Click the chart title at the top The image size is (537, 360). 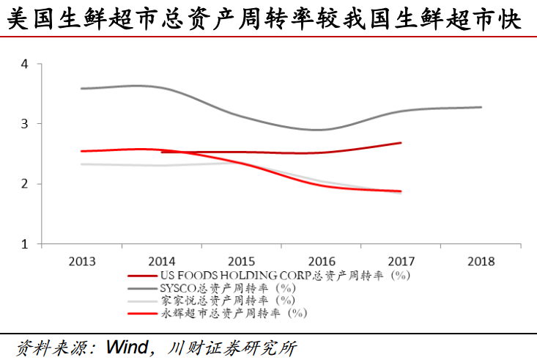(x=268, y=18)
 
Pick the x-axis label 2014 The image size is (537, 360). (x=162, y=260)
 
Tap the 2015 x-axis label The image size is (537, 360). (x=242, y=260)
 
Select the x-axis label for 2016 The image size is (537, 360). (x=322, y=260)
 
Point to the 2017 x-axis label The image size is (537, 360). (x=401, y=260)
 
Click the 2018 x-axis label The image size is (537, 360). (x=481, y=260)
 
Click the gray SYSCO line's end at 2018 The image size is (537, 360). (x=481, y=107)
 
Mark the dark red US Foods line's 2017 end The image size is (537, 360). (x=401, y=143)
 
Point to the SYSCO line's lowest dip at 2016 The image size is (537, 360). (x=321, y=130)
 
